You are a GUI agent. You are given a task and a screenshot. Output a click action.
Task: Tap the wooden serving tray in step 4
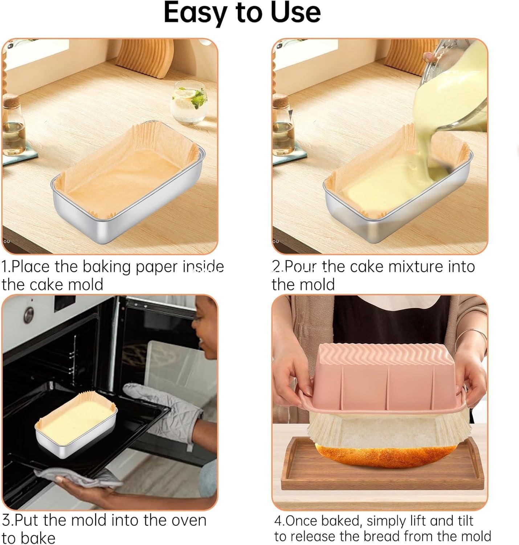point(381,480)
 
